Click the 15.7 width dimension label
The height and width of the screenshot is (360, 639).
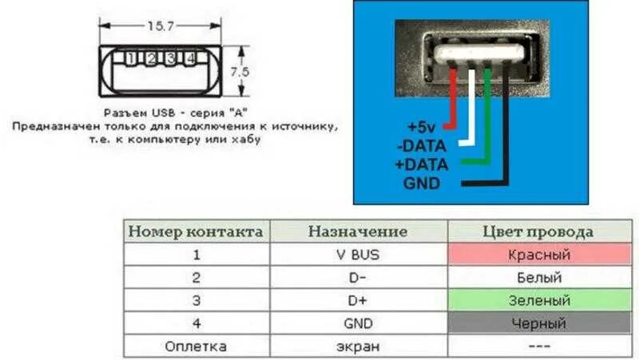tap(161, 26)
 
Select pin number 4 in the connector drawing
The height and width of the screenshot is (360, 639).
tap(190, 58)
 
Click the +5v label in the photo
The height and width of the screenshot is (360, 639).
tap(421, 128)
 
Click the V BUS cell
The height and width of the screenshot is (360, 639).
tap(358, 255)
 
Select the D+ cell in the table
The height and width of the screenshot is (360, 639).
tap(358, 301)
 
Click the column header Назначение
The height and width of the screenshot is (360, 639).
tap(358, 232)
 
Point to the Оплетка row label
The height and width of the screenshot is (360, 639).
tap(196, 346)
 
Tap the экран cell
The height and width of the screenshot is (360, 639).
tap(358, 346)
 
